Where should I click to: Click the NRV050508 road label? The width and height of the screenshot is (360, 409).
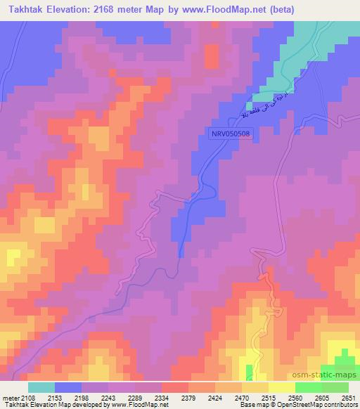(x=231, y=132)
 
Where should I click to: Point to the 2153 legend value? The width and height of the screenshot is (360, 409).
(x=54, y=398)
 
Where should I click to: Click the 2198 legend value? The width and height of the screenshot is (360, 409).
(x=81, y=398)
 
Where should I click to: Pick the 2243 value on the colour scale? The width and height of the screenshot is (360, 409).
(x=108, y=398)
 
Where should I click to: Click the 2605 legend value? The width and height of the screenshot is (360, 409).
(x=321, y=398)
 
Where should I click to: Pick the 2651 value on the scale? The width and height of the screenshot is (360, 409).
(x=347, y=398)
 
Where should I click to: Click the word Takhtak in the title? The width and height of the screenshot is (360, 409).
(x=31, y=9)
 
